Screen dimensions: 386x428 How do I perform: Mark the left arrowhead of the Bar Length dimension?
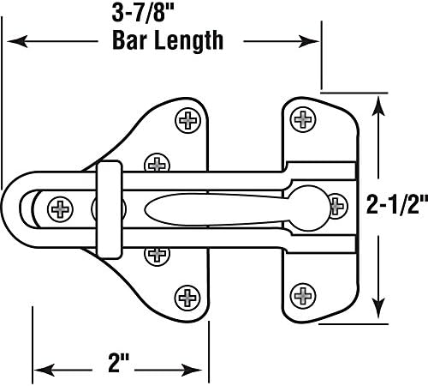(x=15, y=40)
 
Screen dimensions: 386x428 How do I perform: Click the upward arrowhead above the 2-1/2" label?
(x=377, y=104)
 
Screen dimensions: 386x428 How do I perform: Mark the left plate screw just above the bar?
(x=155, y=162)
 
